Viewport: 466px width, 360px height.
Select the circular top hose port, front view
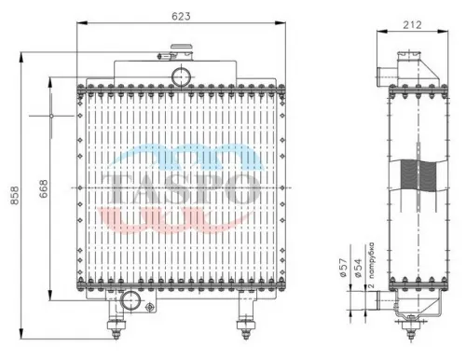(x=181, y=74)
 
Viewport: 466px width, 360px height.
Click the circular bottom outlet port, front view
(x=130, y=300)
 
